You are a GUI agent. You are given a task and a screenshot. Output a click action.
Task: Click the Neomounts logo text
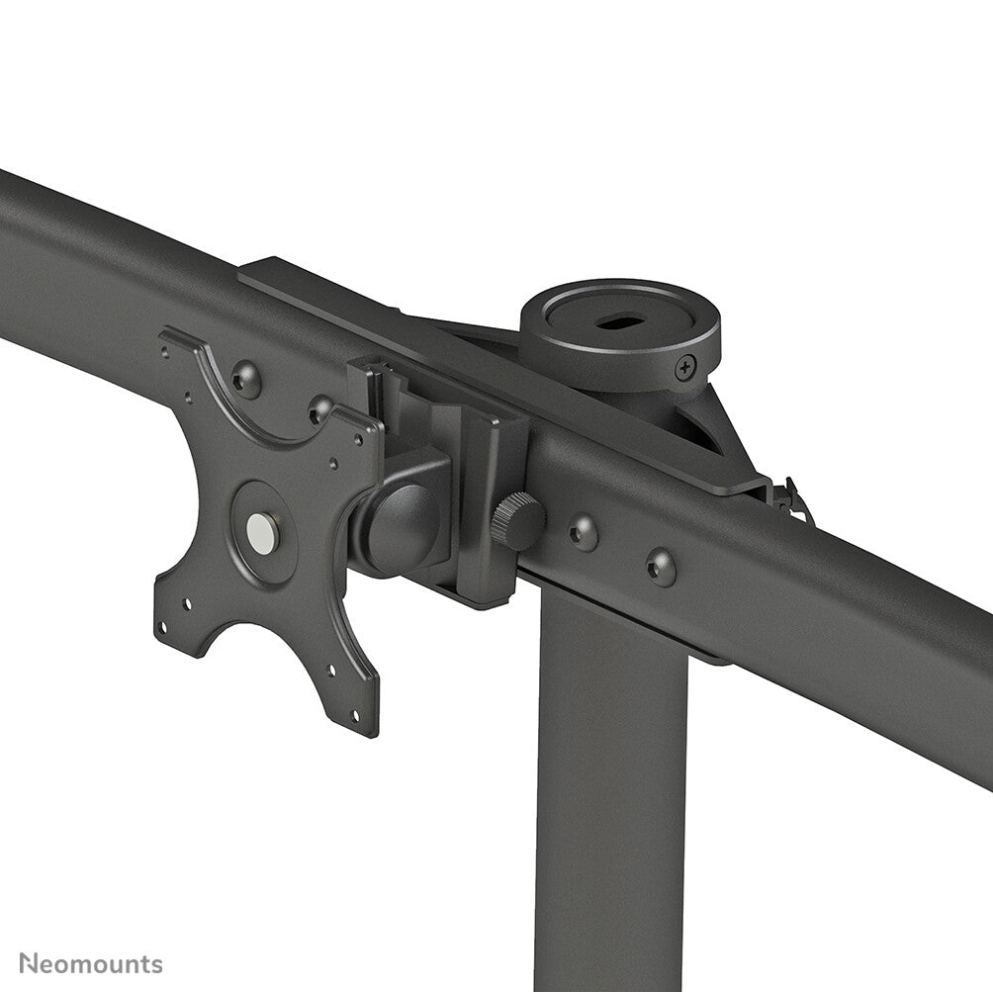pyautogui.click(x=91, y=964)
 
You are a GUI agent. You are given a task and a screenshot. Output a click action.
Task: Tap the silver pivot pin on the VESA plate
pyautogui.click(x=262, y=533)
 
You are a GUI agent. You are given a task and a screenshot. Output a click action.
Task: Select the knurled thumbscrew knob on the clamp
pyautogui.click(x=517, y=521)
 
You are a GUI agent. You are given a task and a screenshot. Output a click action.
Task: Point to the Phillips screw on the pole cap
pyautogui.click(x=683, y=370)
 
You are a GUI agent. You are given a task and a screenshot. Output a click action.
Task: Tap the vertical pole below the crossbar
pyautogui.click(x=610, y=791)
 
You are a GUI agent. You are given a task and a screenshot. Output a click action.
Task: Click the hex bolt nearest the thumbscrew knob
pyautogui.click(x=583, y=533)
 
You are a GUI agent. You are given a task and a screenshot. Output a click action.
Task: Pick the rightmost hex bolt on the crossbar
pyautogui.click(x=661, y=567)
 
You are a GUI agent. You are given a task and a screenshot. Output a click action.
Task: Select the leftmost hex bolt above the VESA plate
pyautogui.click(x=245, y=379)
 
